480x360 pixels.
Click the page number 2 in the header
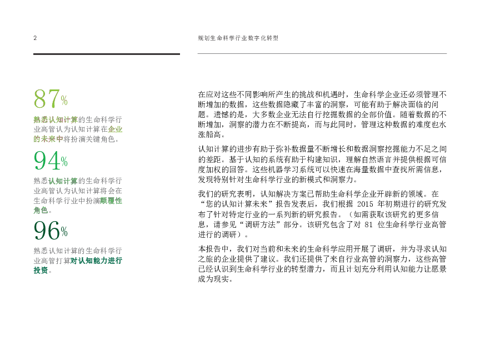pyautogui.click(x=34, y=38)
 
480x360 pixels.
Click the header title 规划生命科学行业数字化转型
pyautogui.click(x=237, y=38)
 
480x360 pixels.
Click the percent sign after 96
pyautogui.click(x=64, y=231)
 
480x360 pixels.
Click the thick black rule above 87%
pyautogui.click(x=106, y=54)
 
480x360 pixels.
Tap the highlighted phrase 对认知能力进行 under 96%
pyautogui.click(x=96, y=260)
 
